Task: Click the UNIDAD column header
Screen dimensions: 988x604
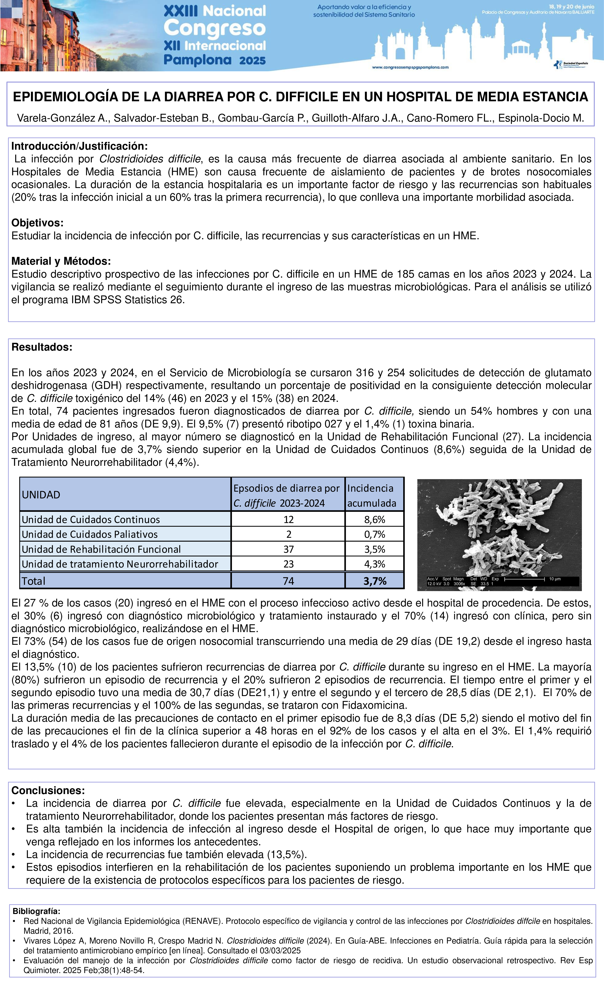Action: (x=41, y=495)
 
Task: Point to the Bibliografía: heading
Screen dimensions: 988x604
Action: (x=36, y=911)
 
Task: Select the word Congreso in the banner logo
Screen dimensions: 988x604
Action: (x=215, y=28)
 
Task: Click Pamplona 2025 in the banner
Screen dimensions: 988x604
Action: (x=215, y=60)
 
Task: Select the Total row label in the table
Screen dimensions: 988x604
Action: (x=34, y=581)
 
